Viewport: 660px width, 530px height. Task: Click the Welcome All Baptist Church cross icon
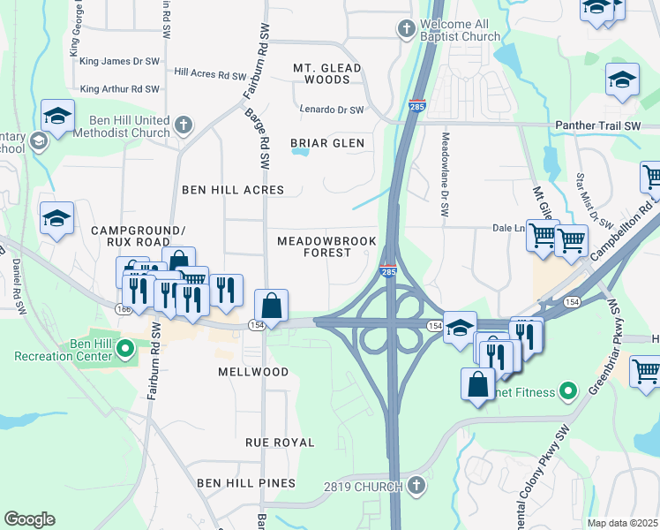pos(406,29)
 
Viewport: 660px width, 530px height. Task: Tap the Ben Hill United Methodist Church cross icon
pos(184,124)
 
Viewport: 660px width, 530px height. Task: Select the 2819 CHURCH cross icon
pos(416,486)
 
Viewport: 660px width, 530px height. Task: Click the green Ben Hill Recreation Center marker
pos(124,349)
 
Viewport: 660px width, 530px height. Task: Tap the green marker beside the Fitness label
pos(568,391)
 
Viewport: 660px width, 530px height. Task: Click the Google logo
pos(29,519)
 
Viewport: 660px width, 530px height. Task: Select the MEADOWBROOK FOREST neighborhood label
pos(326,246)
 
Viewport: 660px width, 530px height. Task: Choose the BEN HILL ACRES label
pos(233,190)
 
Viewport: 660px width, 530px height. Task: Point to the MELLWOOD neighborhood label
pos(253,372)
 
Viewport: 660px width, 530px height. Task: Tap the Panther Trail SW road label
pos(597,126)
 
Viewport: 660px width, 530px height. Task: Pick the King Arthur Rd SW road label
pos(119,89)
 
